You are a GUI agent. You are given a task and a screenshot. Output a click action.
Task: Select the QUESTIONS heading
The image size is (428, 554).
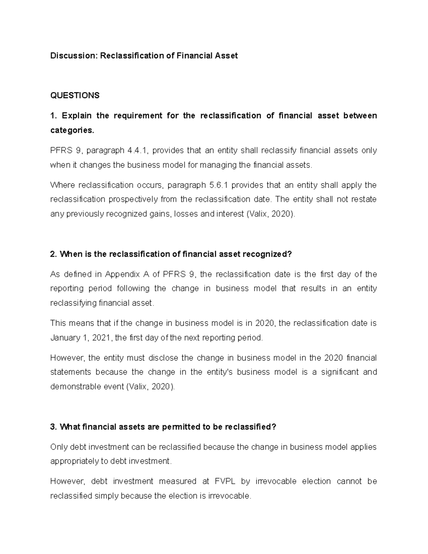point(75,95)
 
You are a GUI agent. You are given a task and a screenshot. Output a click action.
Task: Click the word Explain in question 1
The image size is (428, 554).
point(77,116)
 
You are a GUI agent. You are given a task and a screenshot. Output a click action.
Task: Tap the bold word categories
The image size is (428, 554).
point(72,130)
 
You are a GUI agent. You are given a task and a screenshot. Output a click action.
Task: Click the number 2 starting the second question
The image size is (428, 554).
point(53,254)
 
